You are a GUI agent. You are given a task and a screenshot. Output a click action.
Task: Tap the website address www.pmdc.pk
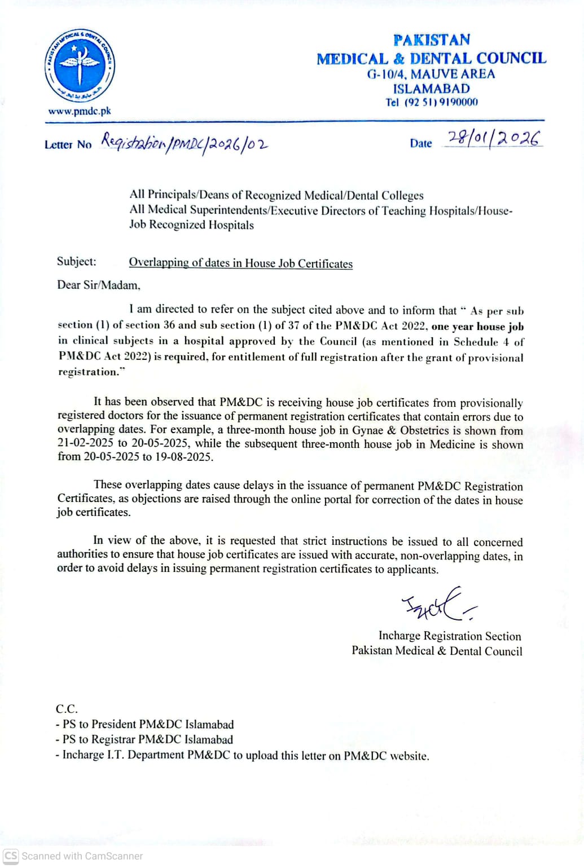pyautogui.click(x=80, y=111)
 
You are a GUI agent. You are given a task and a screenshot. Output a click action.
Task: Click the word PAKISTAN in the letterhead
pyautogui.click(x=432, y=40)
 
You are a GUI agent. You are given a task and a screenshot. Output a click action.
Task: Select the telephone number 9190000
pyautogui.click(x=458, y=102)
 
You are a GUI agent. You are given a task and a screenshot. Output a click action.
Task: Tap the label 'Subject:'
pyautogui.click(x=77, y=262)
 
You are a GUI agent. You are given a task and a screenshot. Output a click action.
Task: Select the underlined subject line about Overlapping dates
pyautogui.click(x=240, y=263)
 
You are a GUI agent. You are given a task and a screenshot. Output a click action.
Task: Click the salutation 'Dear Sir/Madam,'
pyautogui.click(x=98, y=285)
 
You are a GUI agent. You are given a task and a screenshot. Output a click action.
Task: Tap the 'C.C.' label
pyautogui.click(x=67, y=709)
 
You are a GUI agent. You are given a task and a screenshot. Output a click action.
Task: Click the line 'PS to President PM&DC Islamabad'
pyautogui.click(x=148, y=724)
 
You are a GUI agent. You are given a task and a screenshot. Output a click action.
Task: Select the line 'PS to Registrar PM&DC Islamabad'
pyautogui.click(x=147, y=739)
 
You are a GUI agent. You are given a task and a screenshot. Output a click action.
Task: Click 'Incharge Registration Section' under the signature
pyautogui.click(x=450, y=636)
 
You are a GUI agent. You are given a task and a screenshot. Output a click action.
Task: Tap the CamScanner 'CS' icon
pyautogui.click(x=11, y=856)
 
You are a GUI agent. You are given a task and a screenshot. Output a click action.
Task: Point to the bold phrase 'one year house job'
pyautogui.click(x=477, y=327)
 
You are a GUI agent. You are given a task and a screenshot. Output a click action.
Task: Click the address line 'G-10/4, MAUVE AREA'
pyautogui.click(x=431, y=74)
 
